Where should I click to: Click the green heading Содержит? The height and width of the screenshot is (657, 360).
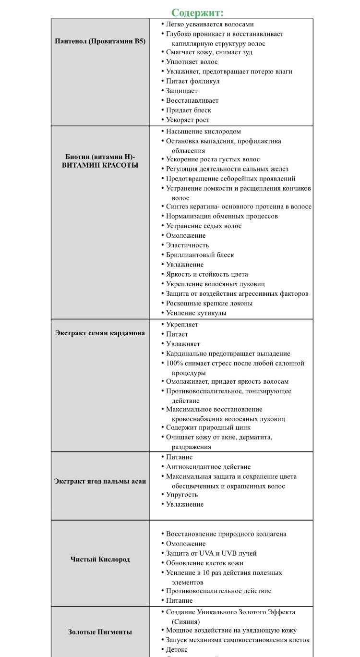pos(197,12)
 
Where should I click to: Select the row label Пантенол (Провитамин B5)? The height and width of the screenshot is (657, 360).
pos(100,41)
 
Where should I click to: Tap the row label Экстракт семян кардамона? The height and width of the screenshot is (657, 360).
pos(100,333)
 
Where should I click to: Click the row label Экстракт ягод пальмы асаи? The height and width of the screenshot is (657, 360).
pos(100,481)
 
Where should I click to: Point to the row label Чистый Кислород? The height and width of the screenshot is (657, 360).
pos(100,559)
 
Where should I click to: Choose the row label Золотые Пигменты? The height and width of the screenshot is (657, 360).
pos(100,632)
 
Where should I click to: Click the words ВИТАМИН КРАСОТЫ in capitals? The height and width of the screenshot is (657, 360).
pos(100,165)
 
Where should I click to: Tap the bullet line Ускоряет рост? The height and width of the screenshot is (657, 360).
pos(188,120)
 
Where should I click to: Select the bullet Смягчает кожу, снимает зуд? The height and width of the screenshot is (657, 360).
pos(209,52)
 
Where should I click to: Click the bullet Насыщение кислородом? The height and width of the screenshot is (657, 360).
pos(204,132)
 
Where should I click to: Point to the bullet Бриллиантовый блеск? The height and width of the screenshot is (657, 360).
pos(200,255)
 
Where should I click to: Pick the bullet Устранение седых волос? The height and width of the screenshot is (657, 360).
pos(204,226)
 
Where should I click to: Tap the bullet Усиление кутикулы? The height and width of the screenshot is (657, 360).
pos(196,313)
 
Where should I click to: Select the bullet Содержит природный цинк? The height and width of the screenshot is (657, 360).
pos(208,427)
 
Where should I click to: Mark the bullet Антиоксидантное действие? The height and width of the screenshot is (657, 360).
pos(208,467)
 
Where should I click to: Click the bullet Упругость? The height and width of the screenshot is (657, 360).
pos(182,495)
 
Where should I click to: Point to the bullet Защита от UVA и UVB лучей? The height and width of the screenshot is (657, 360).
pos(211,553)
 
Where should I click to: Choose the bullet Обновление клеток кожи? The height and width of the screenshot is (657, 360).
pos(204,563)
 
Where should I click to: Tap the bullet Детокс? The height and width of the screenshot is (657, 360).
pos(177,650)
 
